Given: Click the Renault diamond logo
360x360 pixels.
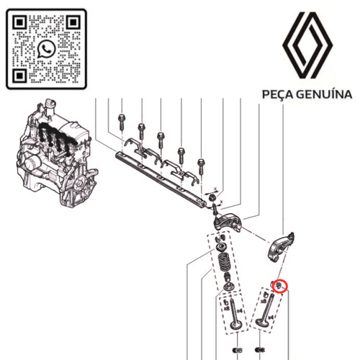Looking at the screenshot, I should pyautogui.click(x=308, y=45).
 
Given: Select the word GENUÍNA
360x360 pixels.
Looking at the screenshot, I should pyautogui.click(x=324, y=94).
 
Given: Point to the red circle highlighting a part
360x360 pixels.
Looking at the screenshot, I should pyautogui.click(x=279, y=287).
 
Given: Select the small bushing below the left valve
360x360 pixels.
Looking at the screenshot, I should pyautogui.click(x=238, y=351).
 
